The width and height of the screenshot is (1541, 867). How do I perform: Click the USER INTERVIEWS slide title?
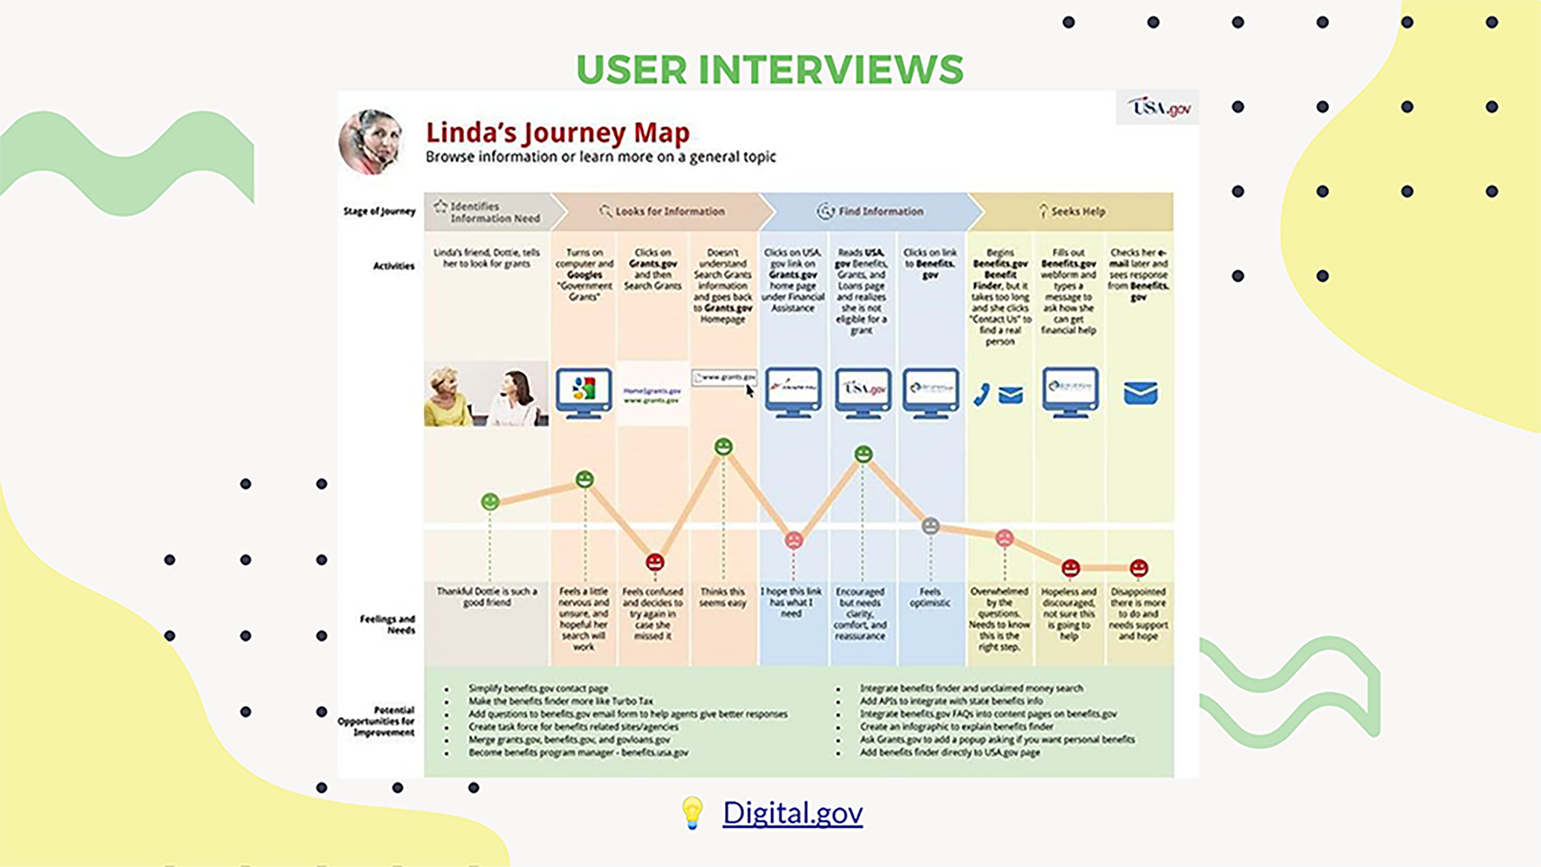[770, 70]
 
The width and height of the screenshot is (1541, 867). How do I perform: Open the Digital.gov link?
[793, 813]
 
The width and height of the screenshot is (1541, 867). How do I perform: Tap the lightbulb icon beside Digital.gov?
[692, 813]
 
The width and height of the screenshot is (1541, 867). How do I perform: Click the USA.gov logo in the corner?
[1158, 108]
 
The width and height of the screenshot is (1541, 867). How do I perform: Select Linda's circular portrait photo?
[370, 142]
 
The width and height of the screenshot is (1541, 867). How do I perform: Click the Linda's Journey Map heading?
[557, 133]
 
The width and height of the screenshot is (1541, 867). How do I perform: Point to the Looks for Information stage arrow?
[661, 211]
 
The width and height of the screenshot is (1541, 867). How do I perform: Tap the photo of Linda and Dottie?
[486, 394]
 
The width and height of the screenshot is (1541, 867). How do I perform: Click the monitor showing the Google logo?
[583, 392]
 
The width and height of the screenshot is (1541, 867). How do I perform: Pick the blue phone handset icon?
[982, 395]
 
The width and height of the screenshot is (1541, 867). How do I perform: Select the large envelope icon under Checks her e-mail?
[1140, 393]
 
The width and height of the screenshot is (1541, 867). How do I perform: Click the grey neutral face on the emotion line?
[930, 526]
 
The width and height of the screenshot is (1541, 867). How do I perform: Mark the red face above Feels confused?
[654, 562]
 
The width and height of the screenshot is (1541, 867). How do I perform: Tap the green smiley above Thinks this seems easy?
[723, 446]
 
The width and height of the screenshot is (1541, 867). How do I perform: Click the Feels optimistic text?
[930, 597]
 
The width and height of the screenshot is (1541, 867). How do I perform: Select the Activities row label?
[393, 266]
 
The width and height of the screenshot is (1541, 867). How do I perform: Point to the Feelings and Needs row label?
[388, 624]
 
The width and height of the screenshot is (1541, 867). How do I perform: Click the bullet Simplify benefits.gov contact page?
[538, 688]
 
